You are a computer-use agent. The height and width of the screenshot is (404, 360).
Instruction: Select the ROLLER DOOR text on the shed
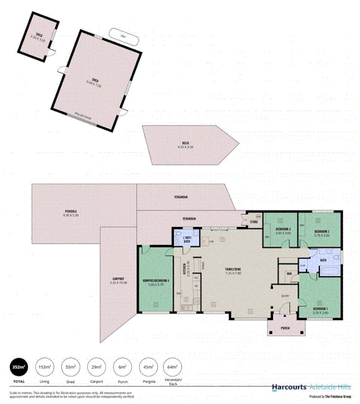point(82,115)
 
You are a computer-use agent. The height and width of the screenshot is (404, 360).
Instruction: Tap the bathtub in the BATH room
point(329,272)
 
